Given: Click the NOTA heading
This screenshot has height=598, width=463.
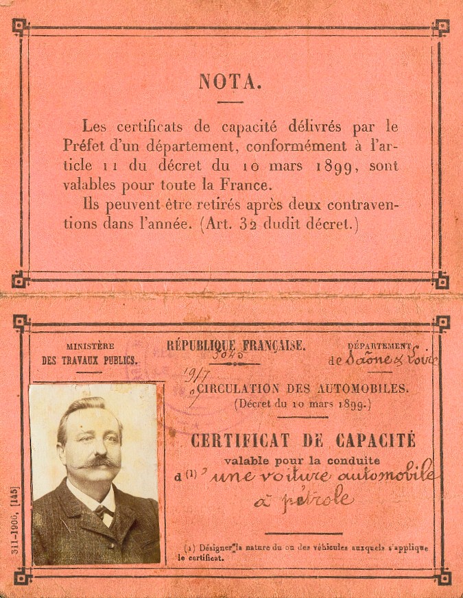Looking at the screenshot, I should tap(230, 83).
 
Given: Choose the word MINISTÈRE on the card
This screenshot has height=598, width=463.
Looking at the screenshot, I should tap(90, 347).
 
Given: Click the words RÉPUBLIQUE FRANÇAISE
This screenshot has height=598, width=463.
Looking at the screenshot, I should tap(236, 346).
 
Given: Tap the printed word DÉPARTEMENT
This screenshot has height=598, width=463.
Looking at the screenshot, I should tap(379, 346).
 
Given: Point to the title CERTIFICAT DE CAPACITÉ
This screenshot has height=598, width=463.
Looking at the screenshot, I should tap(302, 440).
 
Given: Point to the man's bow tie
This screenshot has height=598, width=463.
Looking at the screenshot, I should tap(103, 511).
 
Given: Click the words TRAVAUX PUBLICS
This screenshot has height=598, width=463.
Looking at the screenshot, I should tap(90, 360).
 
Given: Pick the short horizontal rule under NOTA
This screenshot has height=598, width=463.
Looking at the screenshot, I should tap(230, 102).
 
